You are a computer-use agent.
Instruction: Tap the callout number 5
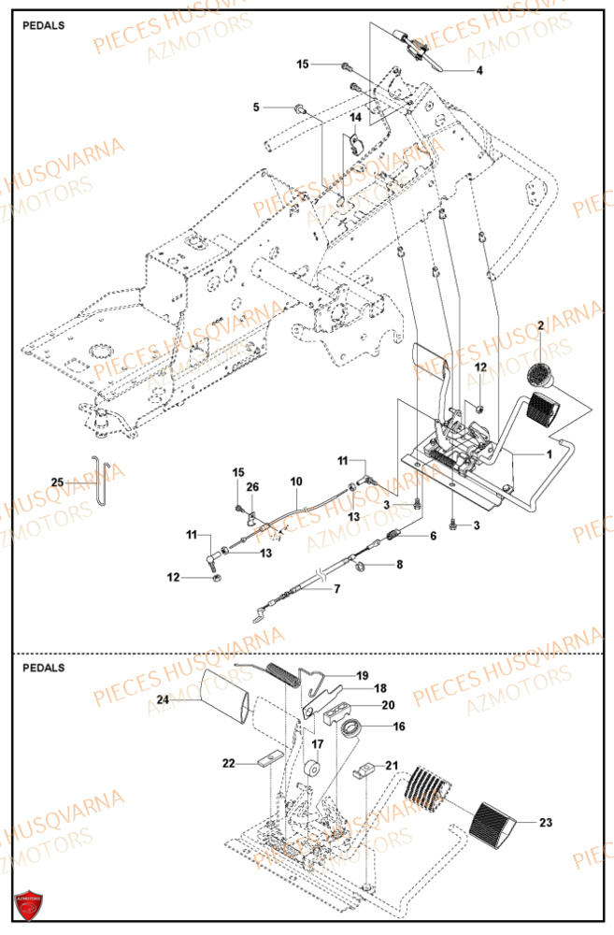256,108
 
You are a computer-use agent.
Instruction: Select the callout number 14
356,118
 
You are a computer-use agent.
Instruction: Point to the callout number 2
540,324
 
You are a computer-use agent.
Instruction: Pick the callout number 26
252,486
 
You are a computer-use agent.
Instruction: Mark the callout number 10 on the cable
296,482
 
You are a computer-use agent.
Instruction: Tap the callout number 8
400,565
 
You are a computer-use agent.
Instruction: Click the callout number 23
546,824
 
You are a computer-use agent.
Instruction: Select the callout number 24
163,698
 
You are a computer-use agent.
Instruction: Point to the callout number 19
362,674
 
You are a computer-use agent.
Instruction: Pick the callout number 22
227,764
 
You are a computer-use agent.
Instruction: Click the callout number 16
400,725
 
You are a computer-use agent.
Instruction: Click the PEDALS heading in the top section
44,25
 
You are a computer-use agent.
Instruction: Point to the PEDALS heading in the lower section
44,668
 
